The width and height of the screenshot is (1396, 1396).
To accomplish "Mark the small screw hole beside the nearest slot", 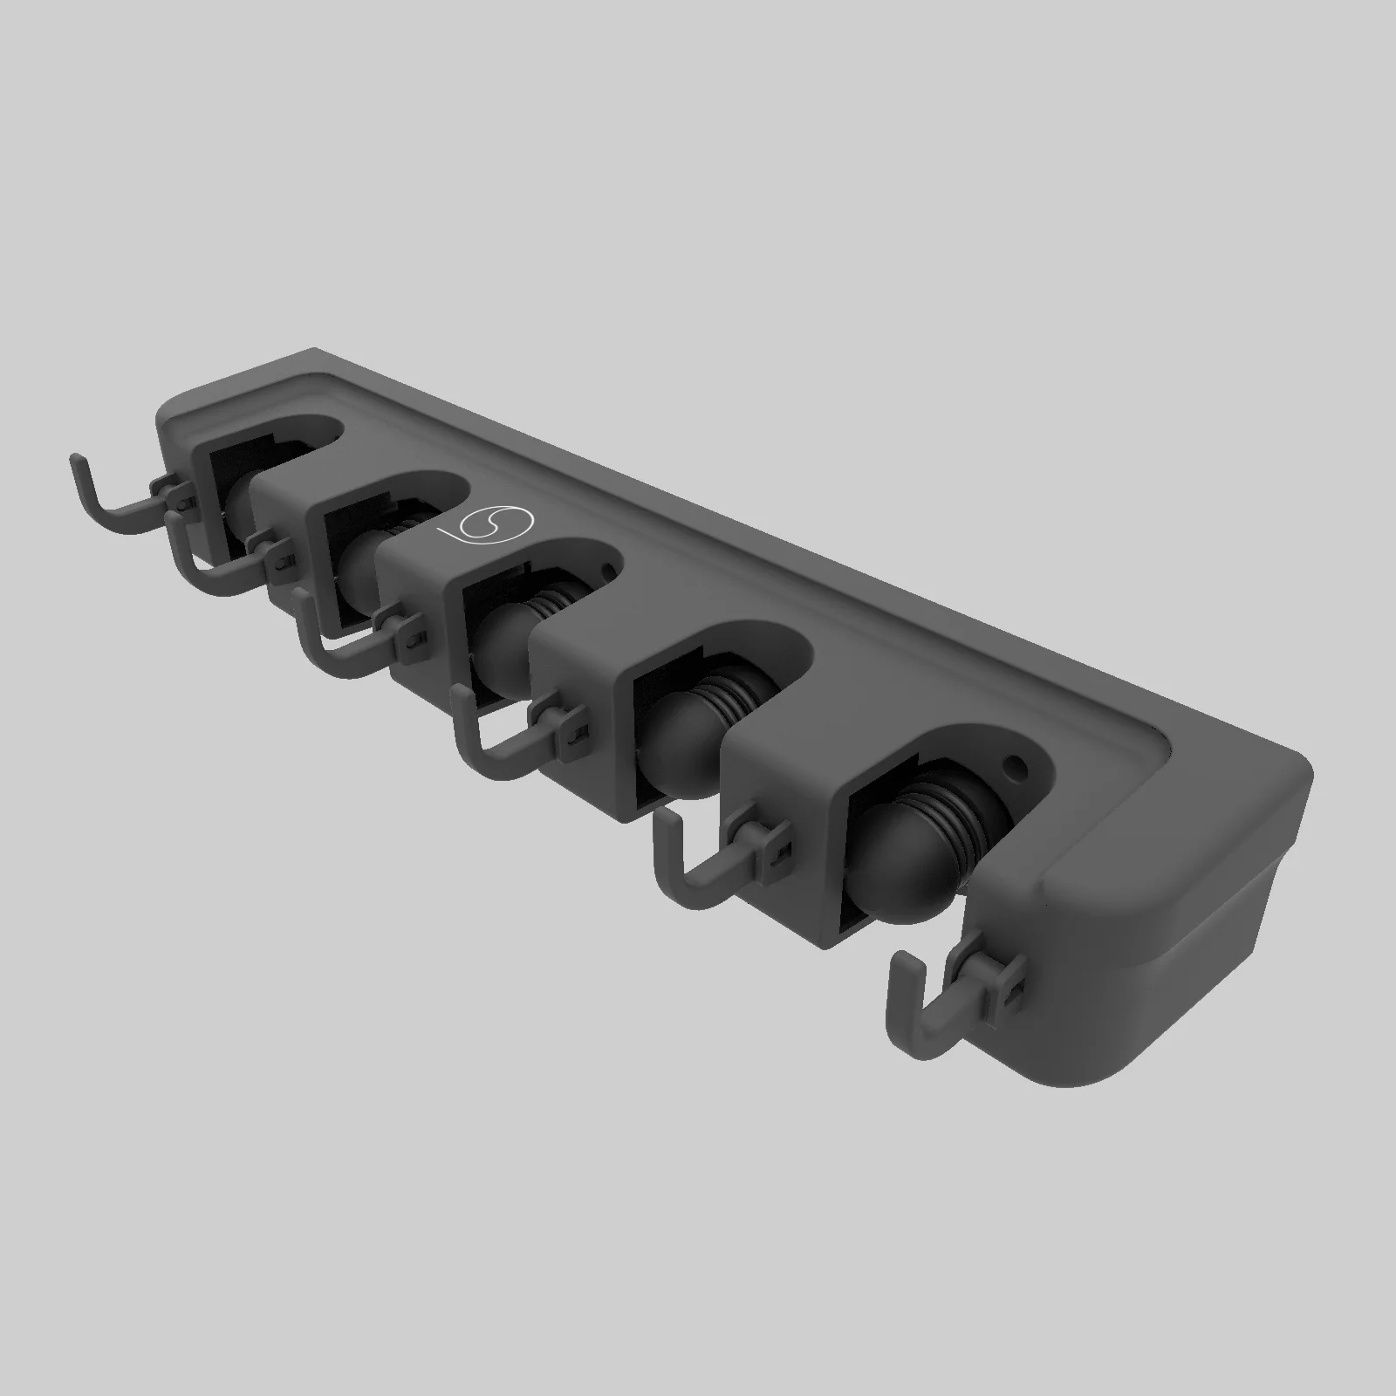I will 1014,768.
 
